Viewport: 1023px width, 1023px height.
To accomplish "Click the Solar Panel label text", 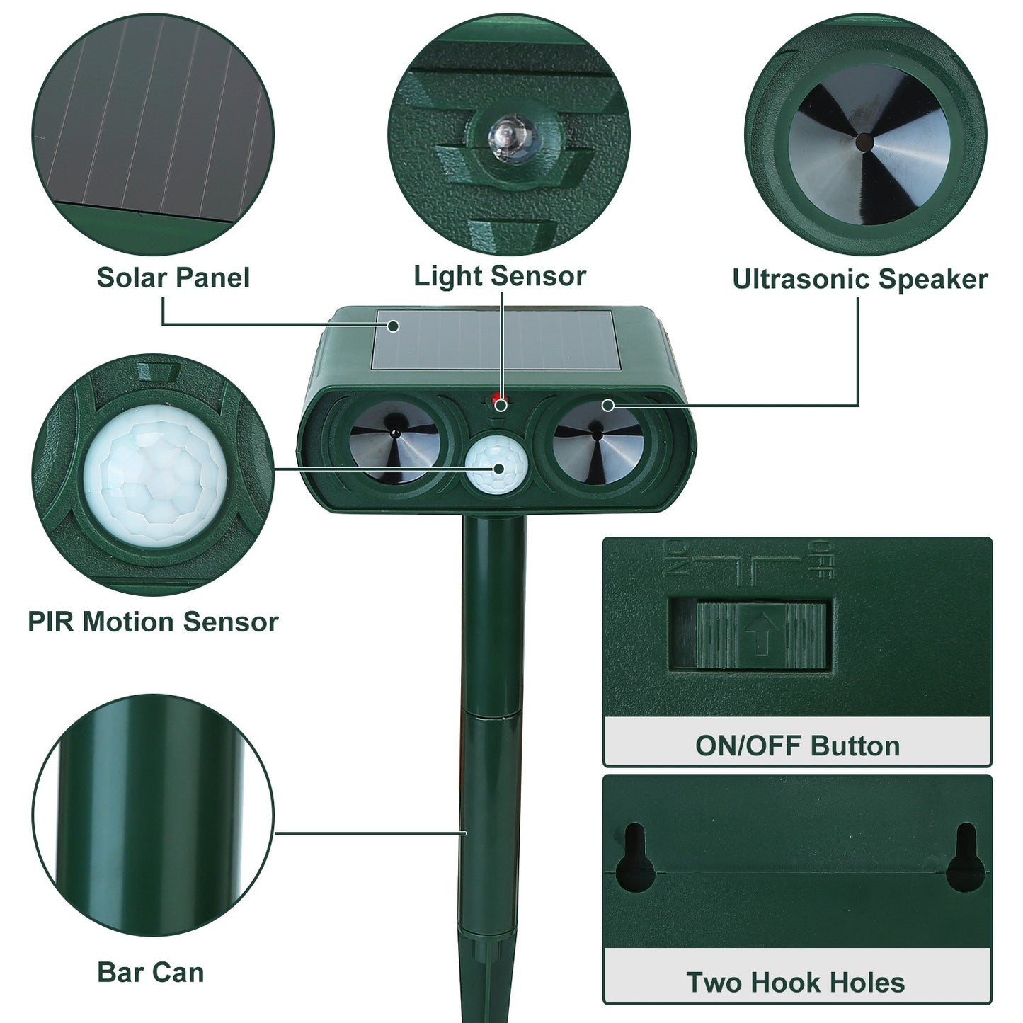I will [x=173, y=278].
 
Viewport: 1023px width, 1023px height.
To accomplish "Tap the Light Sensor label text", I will [x=500, y=276].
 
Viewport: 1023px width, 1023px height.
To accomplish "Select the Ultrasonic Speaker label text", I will [x=859, y=279].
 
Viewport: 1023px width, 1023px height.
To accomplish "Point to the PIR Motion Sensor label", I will [x=153, y=622].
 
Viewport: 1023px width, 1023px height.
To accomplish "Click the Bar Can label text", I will [x=150, y=972].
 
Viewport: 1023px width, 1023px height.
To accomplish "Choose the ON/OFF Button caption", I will [x=797, y=745].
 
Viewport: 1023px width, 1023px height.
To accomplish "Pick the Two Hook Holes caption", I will [x=796, y=983].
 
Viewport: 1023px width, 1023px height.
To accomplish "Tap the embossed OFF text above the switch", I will [x=820, y=559].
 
